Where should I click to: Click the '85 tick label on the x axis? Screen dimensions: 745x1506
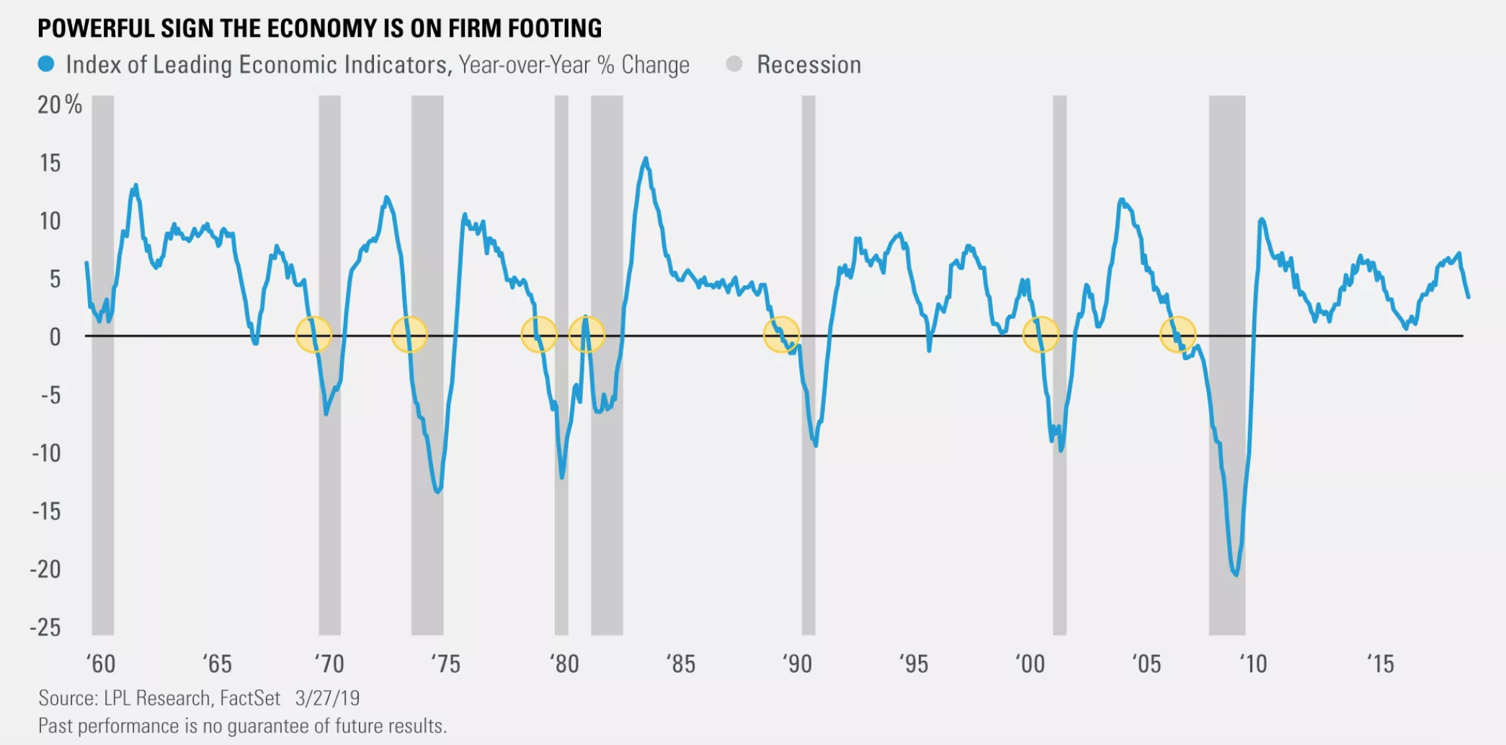point(680,664)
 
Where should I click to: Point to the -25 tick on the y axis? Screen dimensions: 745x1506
point(45,627)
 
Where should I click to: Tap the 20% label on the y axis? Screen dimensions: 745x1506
point(59,105)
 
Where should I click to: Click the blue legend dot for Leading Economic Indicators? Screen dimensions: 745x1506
point(46,64)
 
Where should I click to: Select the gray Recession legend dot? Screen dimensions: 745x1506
point(734,64)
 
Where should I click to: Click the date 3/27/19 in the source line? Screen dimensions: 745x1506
point(327,698)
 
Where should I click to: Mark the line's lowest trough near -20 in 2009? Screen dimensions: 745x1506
point(1236,574)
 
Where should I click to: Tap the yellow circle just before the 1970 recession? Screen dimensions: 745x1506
point(313,334)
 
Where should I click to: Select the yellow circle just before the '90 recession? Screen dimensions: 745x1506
point(781,334)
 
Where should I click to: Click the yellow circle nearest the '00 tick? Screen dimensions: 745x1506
point(1041,334)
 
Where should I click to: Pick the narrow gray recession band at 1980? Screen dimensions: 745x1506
point(561,360)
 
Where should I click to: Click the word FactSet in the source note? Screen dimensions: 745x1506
point(250,698)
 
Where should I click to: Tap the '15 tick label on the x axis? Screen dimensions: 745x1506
point(1380,664)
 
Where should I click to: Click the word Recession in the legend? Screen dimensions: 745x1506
point(808,65)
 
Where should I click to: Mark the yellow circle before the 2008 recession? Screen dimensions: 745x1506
point(1178,334)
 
